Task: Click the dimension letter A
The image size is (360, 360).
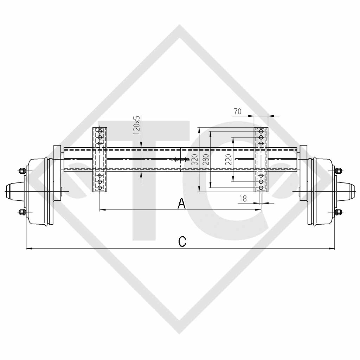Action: tap(181, 203)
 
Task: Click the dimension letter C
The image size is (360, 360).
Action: tap(182, 242)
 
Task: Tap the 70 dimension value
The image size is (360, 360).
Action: tap(237, 111)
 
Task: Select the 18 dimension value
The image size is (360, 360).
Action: tap(243, 199)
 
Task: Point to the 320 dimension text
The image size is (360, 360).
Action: tap(194, 159)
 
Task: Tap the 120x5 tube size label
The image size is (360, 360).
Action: tap(137, 125)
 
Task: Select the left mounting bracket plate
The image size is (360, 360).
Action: tap(99, 160)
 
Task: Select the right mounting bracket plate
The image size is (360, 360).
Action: tap(261, 160)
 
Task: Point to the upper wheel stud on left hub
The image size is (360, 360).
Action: tap(22, 171)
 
